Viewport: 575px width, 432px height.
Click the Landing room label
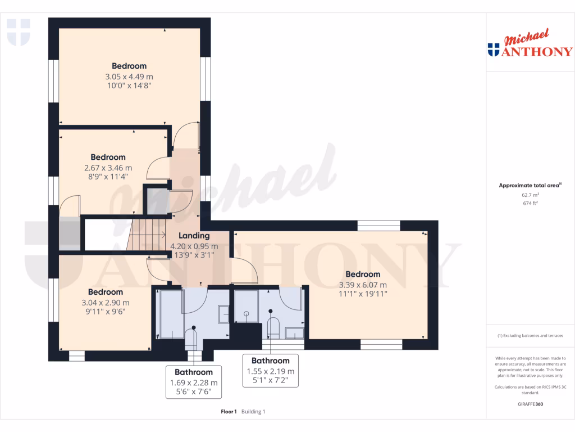tap(194, 236)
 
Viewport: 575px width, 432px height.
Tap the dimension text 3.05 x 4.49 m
tap(129, 76)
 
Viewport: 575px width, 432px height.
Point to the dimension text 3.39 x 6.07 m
tap(363, 285)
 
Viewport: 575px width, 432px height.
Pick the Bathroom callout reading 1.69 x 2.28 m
tap(194, 382)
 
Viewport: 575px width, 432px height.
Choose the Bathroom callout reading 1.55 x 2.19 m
tap(271, 371)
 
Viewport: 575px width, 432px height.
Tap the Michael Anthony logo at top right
tap(530, 45)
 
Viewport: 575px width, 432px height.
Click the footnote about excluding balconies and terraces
tap(530, 336)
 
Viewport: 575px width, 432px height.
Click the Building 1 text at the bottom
tap(253, 412)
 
